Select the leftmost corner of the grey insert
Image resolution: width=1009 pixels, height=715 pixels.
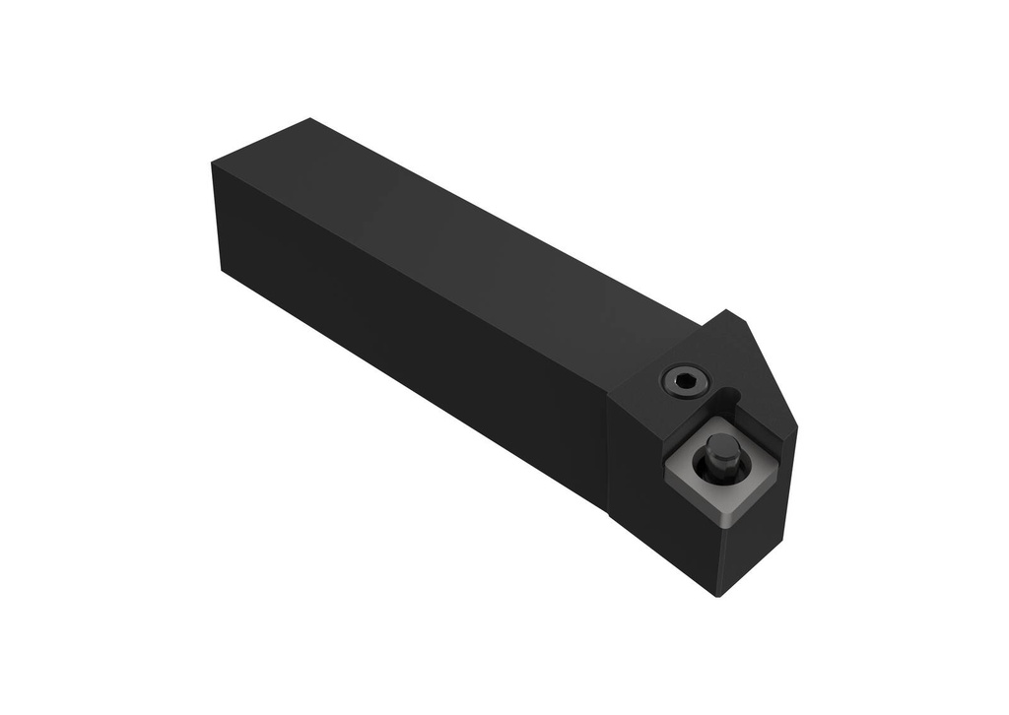click(666, 471)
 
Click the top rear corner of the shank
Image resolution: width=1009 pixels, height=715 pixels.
click(310, 119)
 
